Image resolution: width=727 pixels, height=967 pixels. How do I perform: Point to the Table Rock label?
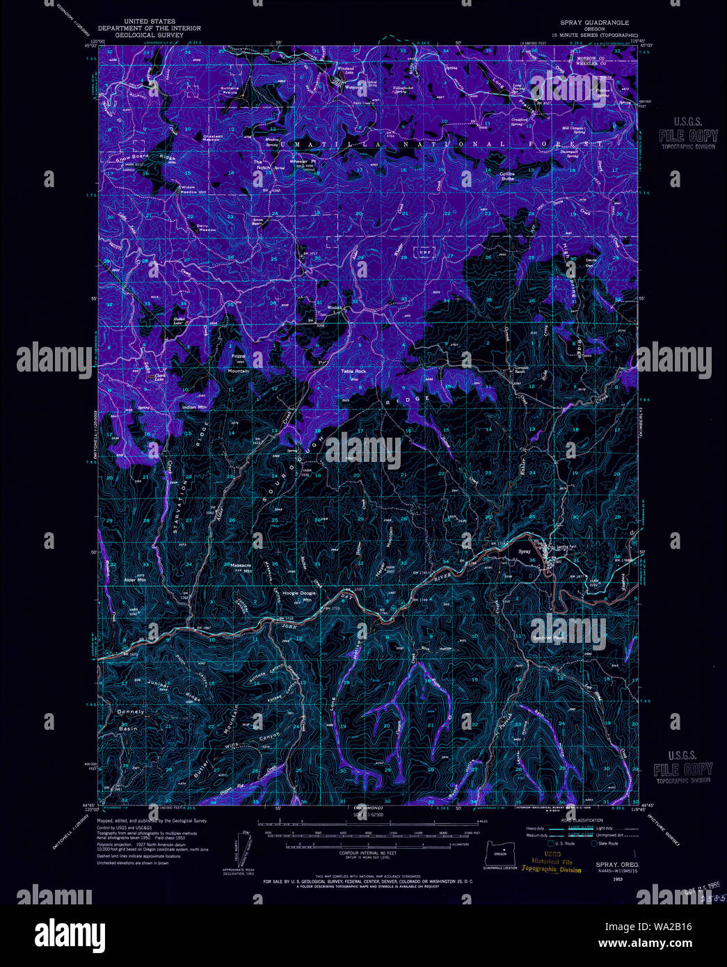tap(353, 371)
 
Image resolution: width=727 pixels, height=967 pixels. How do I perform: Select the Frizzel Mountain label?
tap(239, 364)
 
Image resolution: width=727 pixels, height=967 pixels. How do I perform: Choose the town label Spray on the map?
tap(525, 552)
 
